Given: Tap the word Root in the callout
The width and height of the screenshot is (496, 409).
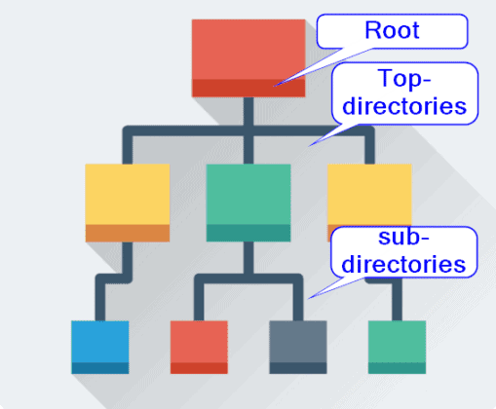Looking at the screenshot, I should coord(392,30).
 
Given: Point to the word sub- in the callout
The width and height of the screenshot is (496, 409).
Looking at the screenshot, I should coord(401,240).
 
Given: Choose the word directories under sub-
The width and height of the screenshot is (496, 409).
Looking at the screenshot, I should coord(401,264).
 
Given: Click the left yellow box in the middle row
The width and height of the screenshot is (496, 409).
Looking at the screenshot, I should coord(127,195).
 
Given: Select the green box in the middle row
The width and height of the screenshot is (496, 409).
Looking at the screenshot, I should coord(248,195).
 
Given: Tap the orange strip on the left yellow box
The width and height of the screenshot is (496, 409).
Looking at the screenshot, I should coord(127,233).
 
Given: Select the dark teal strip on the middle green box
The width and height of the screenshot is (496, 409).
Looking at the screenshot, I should coord(248,233).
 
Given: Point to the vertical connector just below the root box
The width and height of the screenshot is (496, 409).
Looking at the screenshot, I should coord(248,112).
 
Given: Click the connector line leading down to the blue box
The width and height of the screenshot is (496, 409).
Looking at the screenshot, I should coord(100,298).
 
